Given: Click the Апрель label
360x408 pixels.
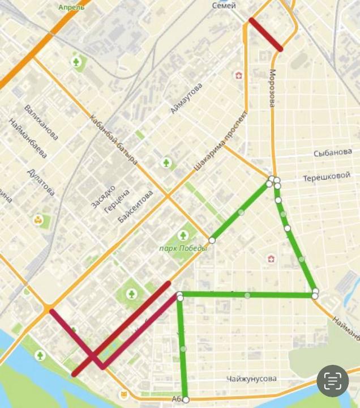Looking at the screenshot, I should click(71, 7).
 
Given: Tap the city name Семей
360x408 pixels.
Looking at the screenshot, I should click(224, 5).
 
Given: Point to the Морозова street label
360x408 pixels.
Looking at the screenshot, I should click(272, 88).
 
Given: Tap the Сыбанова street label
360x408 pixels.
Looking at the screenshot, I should click(332, 152).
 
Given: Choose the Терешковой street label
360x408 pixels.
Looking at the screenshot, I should click(327, 177).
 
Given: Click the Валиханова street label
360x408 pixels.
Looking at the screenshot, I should click(41, 122).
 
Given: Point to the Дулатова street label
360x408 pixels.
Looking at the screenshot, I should click(41, 181).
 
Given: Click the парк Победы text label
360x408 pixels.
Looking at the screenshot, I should click(183, 248).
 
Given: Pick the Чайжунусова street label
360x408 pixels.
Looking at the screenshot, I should click(251, 379).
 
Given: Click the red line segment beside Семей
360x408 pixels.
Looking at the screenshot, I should click(265, 35).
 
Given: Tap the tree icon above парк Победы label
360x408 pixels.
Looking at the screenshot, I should click(183, 235).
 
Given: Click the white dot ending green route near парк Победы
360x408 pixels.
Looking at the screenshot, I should click(212, 240).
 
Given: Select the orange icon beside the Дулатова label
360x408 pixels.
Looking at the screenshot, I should click(38, 220).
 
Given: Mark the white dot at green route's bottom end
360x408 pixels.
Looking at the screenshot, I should click(186, 399).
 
